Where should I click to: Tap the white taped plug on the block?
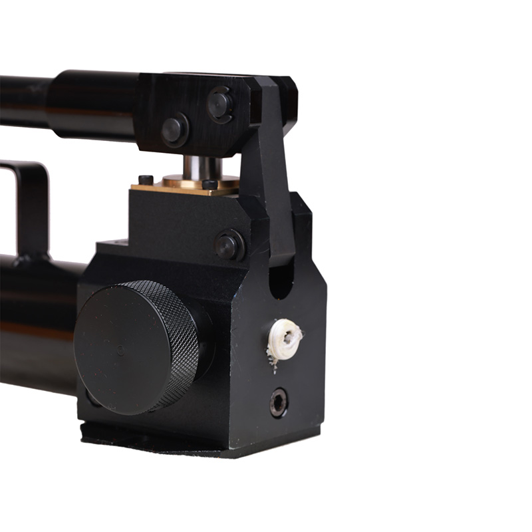(285, 338)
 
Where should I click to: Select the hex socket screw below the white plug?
(279, 402)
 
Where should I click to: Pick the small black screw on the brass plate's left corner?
(145, 179)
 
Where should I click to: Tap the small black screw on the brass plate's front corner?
(210, 184)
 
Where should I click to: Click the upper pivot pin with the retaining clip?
(219, 104)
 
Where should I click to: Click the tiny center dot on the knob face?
(120, 348)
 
